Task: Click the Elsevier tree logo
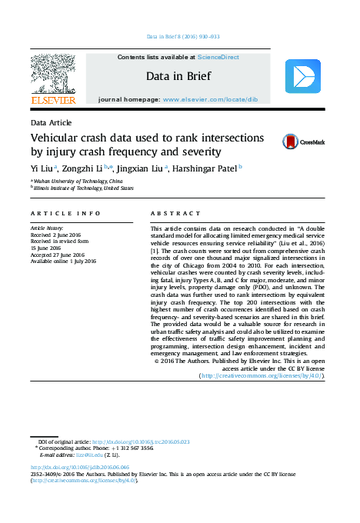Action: [52, 75]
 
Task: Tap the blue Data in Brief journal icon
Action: [302, 77]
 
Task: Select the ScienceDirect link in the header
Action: [218, 58]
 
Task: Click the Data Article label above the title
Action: [51, 123]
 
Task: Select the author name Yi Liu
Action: [42, 167]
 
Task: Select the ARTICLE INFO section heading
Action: [65, 212]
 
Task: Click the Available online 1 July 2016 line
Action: [63, 261]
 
